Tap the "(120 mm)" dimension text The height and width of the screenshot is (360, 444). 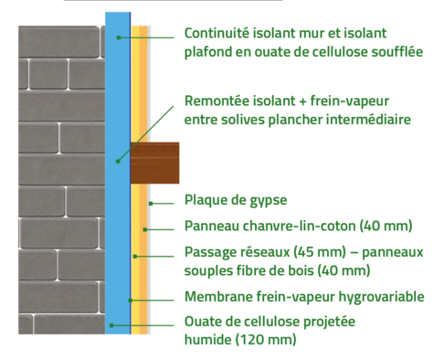[x=264, y=339]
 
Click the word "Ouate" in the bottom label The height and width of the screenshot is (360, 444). [x=205, y=321]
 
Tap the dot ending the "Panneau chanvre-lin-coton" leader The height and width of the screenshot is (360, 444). [x=143, y=227]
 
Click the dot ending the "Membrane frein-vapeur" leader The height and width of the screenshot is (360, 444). [x=131, y=299]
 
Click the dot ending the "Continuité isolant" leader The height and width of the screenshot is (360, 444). [x=119, y=37]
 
